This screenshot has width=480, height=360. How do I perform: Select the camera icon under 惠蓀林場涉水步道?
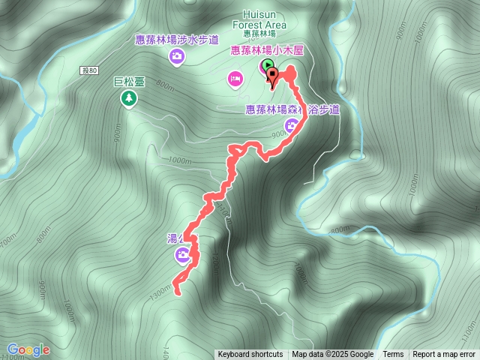(176, 56)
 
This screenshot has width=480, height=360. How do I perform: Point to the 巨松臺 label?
(128, 84)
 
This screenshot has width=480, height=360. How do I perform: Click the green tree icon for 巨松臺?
(128, 98)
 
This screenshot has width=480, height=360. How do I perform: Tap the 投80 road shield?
(89, 70)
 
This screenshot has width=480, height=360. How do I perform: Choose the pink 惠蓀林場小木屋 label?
(266, 51)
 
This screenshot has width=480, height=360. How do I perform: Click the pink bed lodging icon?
(235, 77)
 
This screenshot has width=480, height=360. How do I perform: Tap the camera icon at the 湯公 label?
(182, 256)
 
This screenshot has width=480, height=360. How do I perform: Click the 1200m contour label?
(217, 259)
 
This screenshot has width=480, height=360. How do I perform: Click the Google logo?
(28, 349)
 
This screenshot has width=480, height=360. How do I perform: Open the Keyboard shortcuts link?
(250, 355)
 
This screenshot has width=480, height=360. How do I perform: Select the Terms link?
(393, 355)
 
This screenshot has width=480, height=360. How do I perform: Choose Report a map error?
(444, 355)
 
